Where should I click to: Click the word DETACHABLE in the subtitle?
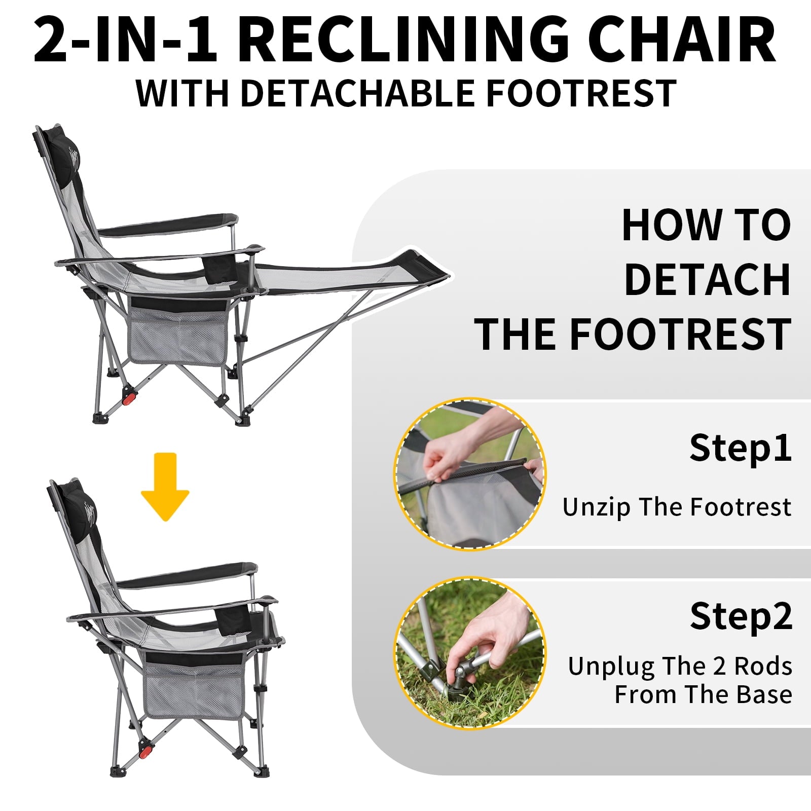pos(357,93)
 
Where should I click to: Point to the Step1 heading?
pos(741,448)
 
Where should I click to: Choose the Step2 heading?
pos(741,616)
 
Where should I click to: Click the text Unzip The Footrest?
pos(677,507)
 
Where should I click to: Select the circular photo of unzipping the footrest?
pos(470,474)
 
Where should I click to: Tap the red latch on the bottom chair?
pos(146,751)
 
